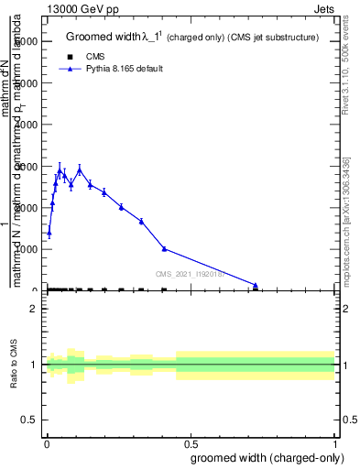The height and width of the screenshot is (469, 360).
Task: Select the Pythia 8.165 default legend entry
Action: pyautogui.click(x=112, y=69)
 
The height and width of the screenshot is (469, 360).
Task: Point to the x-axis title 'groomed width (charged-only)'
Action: pyautogui.click(x=267, y=457)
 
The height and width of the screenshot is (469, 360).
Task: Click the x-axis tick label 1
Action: pyautogui.click(x=335, y=444)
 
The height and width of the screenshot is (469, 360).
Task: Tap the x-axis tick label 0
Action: pyautogui.click(x=47, y=444)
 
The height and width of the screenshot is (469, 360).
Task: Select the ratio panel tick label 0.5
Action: pyautogui.click(x=30, y=420)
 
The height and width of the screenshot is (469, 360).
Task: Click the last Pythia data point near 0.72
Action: pyautogui.click(x=256, y=285)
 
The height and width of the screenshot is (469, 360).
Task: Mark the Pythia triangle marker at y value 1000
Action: pyautogui.click(x=164, y=248)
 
